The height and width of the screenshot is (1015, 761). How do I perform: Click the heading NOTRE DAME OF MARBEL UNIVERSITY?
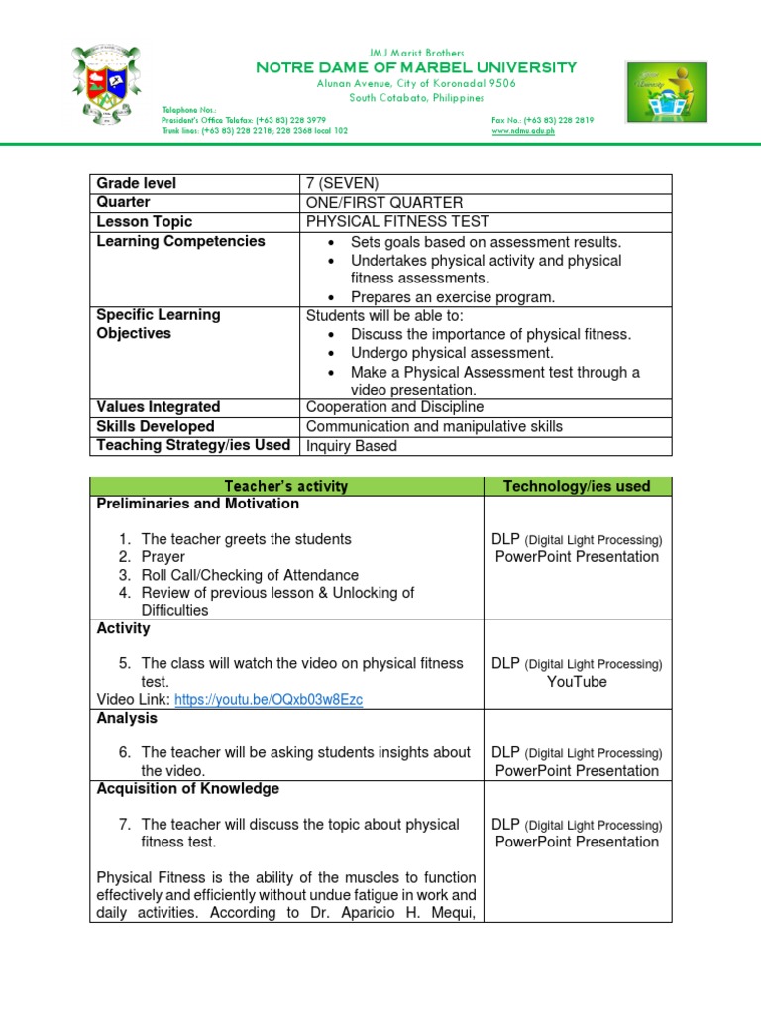[x=415, y=67]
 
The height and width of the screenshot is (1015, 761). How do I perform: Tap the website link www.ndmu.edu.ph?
[x=523, y=130]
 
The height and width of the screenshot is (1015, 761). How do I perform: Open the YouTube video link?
[x=269, y=700]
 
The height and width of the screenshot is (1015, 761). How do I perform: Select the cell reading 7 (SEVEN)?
[x=343, y=184]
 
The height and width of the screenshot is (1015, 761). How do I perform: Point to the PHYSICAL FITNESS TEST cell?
[x=397, y=222]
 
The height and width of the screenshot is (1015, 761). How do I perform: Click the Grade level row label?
[x=136, y=184]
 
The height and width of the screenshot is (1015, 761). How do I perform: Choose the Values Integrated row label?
[x=159, y=407]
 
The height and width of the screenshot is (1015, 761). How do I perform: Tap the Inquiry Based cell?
[x=352, y=446]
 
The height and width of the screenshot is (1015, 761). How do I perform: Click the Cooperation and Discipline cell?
[x=395, y=407]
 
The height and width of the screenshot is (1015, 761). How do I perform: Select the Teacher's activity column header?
[x=286, y=486]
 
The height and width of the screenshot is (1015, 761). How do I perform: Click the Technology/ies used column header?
[x=577, y=486]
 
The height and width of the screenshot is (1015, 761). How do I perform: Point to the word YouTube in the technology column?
[x=577, y=682]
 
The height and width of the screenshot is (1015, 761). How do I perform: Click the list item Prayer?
[x=163, y=557]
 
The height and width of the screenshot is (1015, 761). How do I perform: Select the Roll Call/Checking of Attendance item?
[x=250, y=575]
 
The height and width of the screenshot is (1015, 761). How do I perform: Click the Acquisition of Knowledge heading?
[x=188, y=789]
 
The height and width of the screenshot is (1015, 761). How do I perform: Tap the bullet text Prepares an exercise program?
[x=453, y=297]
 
